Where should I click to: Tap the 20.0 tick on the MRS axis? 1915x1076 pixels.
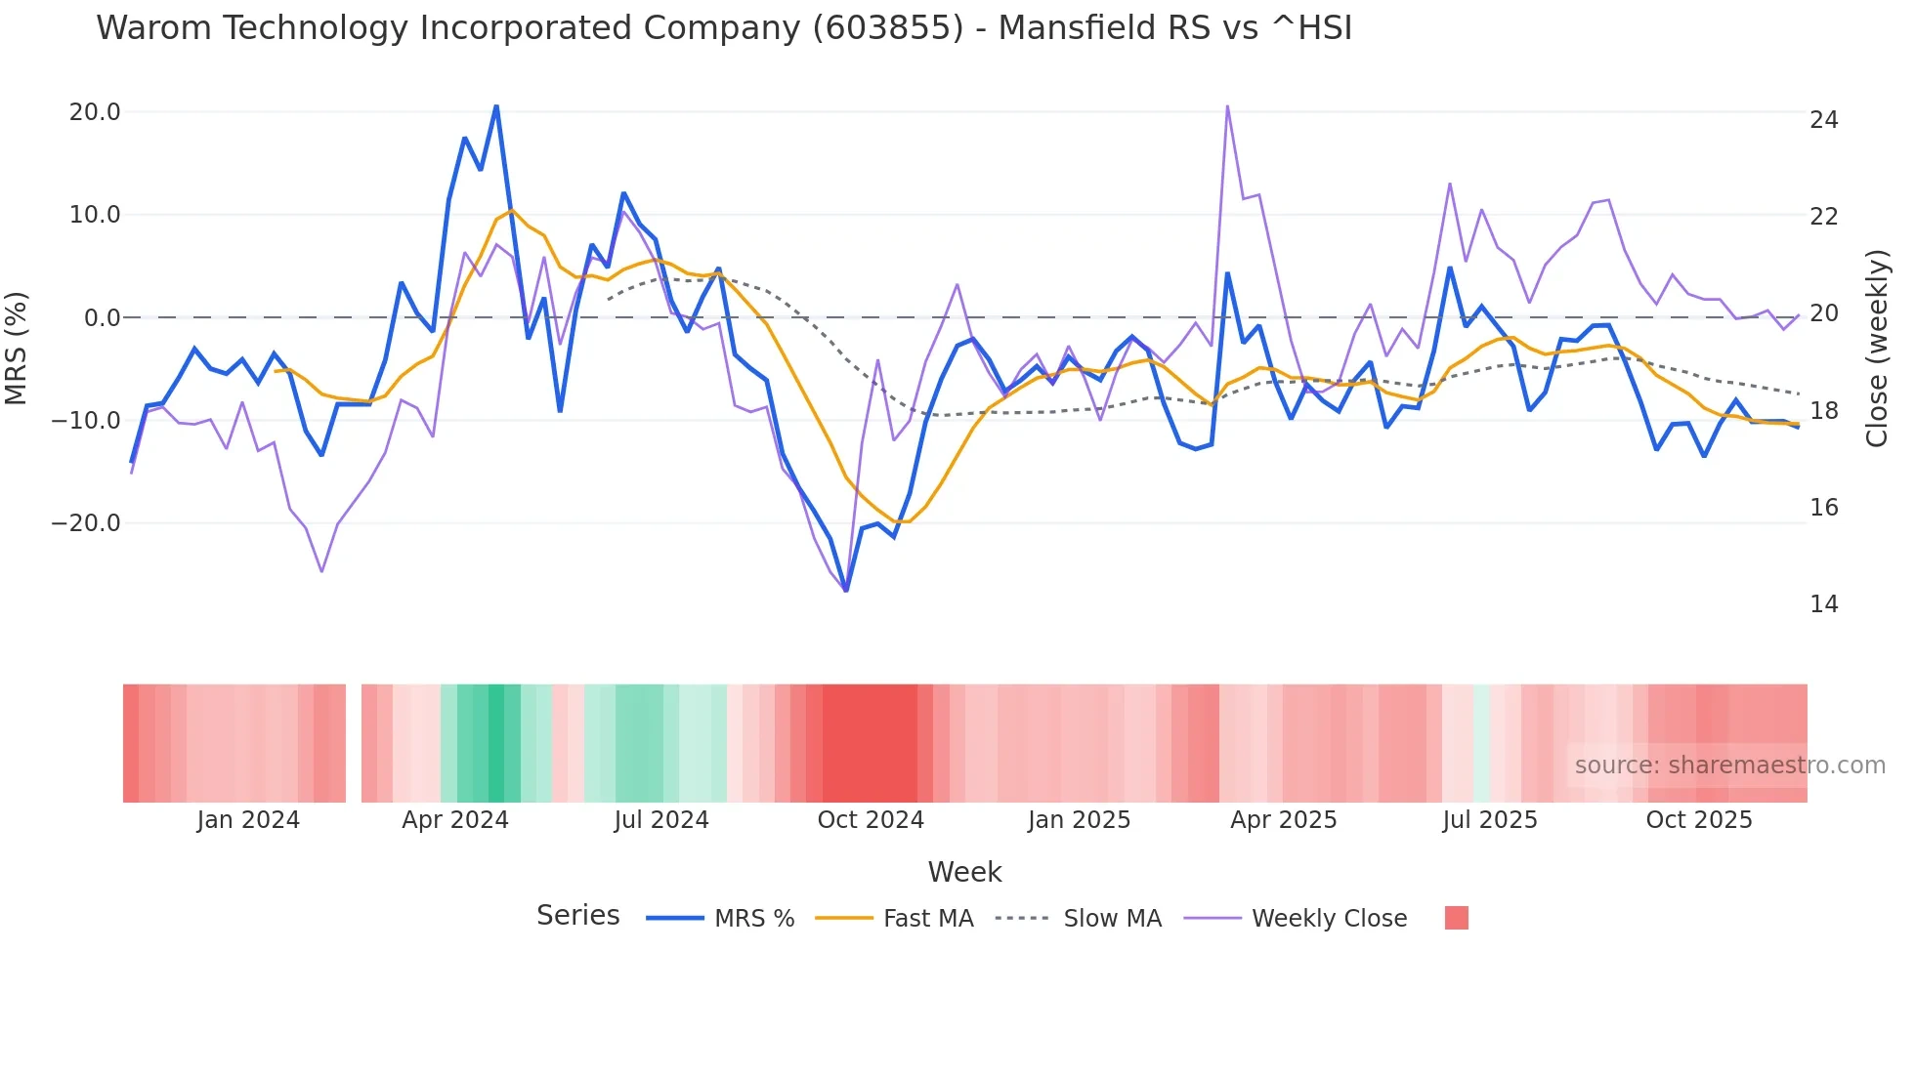[95, 112]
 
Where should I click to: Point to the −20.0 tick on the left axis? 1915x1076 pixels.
[86, 523]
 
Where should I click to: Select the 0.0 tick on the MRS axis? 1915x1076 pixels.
[103, 318]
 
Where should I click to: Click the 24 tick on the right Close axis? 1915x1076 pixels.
[1823, 120]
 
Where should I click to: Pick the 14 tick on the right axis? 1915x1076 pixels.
[1823, 604]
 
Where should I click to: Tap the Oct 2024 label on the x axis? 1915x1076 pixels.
[870, 820]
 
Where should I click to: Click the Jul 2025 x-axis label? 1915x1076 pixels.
[1489, 820]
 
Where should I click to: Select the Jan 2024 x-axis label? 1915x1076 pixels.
[247, 820]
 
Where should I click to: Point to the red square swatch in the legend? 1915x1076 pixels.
[1456, 918]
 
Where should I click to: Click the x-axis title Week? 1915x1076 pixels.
[964, 872]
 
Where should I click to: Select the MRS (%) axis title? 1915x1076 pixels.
[17, 348]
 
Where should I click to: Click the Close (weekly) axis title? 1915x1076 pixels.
[1876, 348]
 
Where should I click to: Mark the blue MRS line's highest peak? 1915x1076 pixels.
[496, 105]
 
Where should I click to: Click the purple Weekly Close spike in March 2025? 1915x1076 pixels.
[1227, 106]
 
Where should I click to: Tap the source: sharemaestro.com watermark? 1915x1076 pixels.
[1729, 766]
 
